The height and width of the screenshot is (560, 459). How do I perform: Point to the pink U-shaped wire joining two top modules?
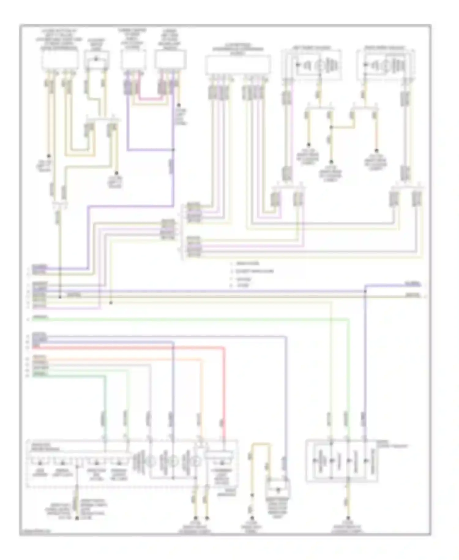tap(150, 99)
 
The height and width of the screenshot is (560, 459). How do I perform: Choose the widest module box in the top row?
tap(238, 65)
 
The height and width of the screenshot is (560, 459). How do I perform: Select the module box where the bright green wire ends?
tap(342, 460)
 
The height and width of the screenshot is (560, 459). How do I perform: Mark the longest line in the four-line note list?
tap(254, 271)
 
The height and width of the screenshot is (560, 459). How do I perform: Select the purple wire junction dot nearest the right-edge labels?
tap(365, 291)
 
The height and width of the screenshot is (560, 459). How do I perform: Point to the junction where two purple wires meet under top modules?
tap(173, 150)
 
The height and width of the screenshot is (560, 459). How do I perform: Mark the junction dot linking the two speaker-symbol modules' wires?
tap(331, 127)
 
